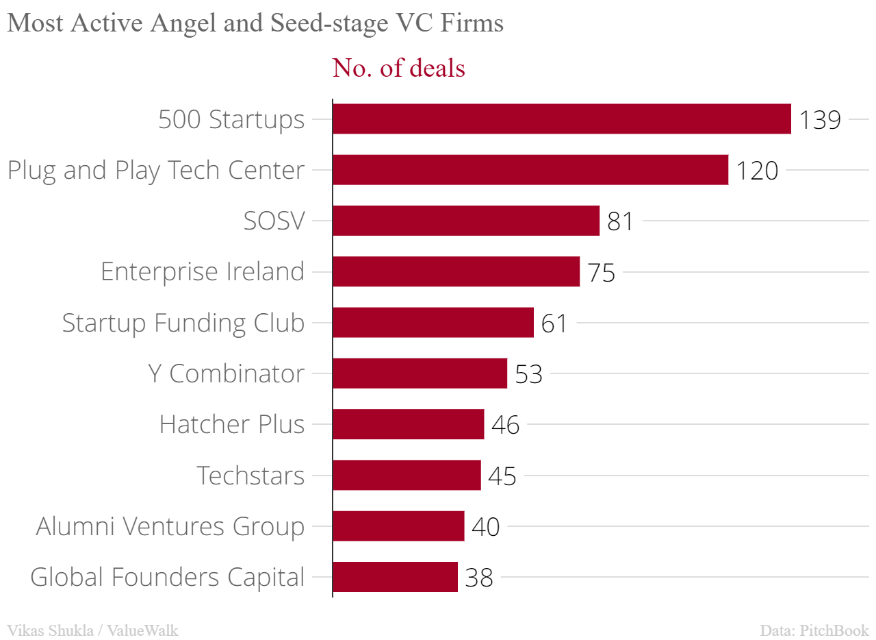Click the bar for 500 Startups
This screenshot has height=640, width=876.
click(561, 119)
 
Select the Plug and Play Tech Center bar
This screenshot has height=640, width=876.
click(530, 170)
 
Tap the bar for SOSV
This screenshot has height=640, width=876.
click(466, 221)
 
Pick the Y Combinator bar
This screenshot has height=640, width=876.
click(420, 373)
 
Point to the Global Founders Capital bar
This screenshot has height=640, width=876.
click(395, 577)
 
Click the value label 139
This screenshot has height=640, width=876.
click(820, 120)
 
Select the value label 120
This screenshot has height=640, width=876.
click(757, 171)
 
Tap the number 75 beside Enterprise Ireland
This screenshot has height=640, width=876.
click(601, 273)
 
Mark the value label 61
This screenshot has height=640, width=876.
click(554, 323)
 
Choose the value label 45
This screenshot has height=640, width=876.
click(502, 476)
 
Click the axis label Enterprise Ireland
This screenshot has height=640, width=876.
click(203, 272)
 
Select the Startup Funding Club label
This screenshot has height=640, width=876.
click(183, 323)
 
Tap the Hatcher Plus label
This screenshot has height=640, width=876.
click(232, 424)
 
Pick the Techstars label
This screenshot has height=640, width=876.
click(250, 475)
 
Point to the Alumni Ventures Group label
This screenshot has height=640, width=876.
click(170, 526)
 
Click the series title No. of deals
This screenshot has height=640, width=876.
click(398, 68)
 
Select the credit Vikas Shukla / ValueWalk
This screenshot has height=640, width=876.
click(92, 630)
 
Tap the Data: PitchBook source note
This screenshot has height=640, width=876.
click(814, 630)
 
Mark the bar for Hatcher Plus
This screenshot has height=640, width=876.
click(408, 424)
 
